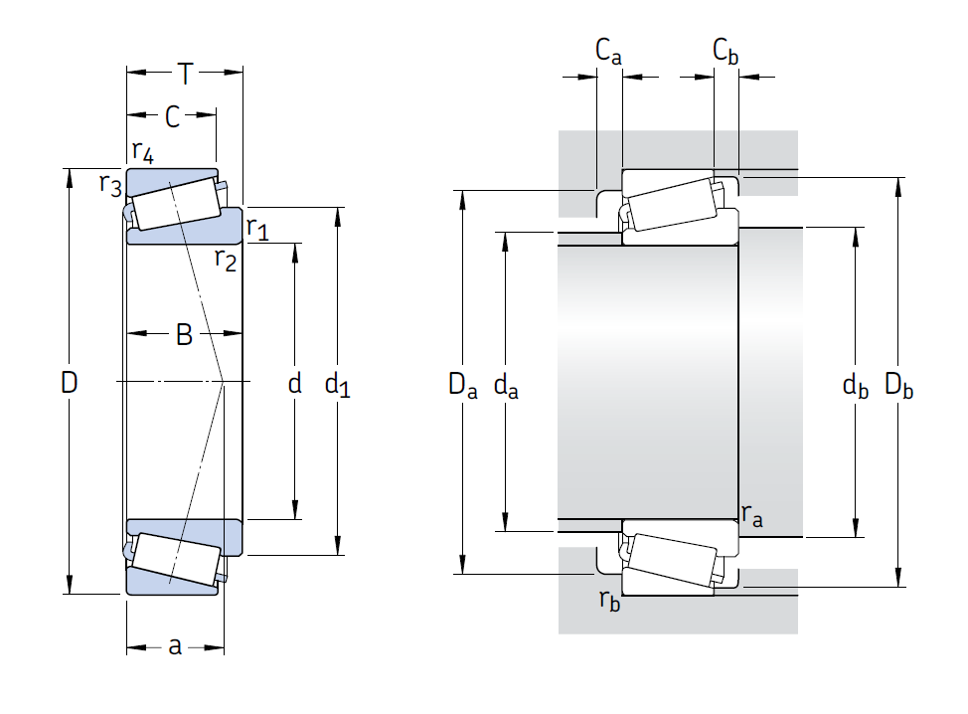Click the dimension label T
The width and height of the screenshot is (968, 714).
(185, 73)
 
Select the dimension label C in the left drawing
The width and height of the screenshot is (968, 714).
(172, 117)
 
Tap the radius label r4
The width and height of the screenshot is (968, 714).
(143, 152)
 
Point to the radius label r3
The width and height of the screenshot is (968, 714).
(110, 184)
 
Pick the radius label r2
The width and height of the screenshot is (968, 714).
(226, 261)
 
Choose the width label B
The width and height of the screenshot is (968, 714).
(184, 334)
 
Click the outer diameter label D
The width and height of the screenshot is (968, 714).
(69, 382)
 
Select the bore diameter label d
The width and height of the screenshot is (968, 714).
(294, 383)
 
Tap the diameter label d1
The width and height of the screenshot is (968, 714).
(338, 384)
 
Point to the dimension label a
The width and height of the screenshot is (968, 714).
(175, 646)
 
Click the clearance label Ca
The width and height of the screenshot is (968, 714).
(608, 50)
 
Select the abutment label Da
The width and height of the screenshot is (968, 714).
(462, 385)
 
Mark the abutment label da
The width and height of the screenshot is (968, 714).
(506, 385)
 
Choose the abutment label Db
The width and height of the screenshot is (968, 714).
(899, 385)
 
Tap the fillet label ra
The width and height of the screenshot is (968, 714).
(752, 515)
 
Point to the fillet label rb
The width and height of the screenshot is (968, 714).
(608, 600)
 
